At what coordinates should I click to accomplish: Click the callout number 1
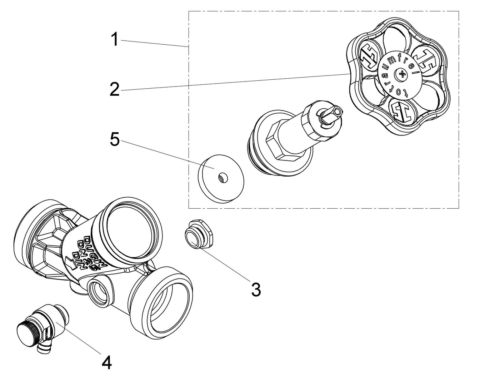[x=114, y=40]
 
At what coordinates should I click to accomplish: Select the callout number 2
[x=114, y=89]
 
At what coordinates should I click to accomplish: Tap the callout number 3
[x=256, y=289]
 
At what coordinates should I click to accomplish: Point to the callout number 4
[x=106, y=363]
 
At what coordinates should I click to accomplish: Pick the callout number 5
[x=115, y=140]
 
